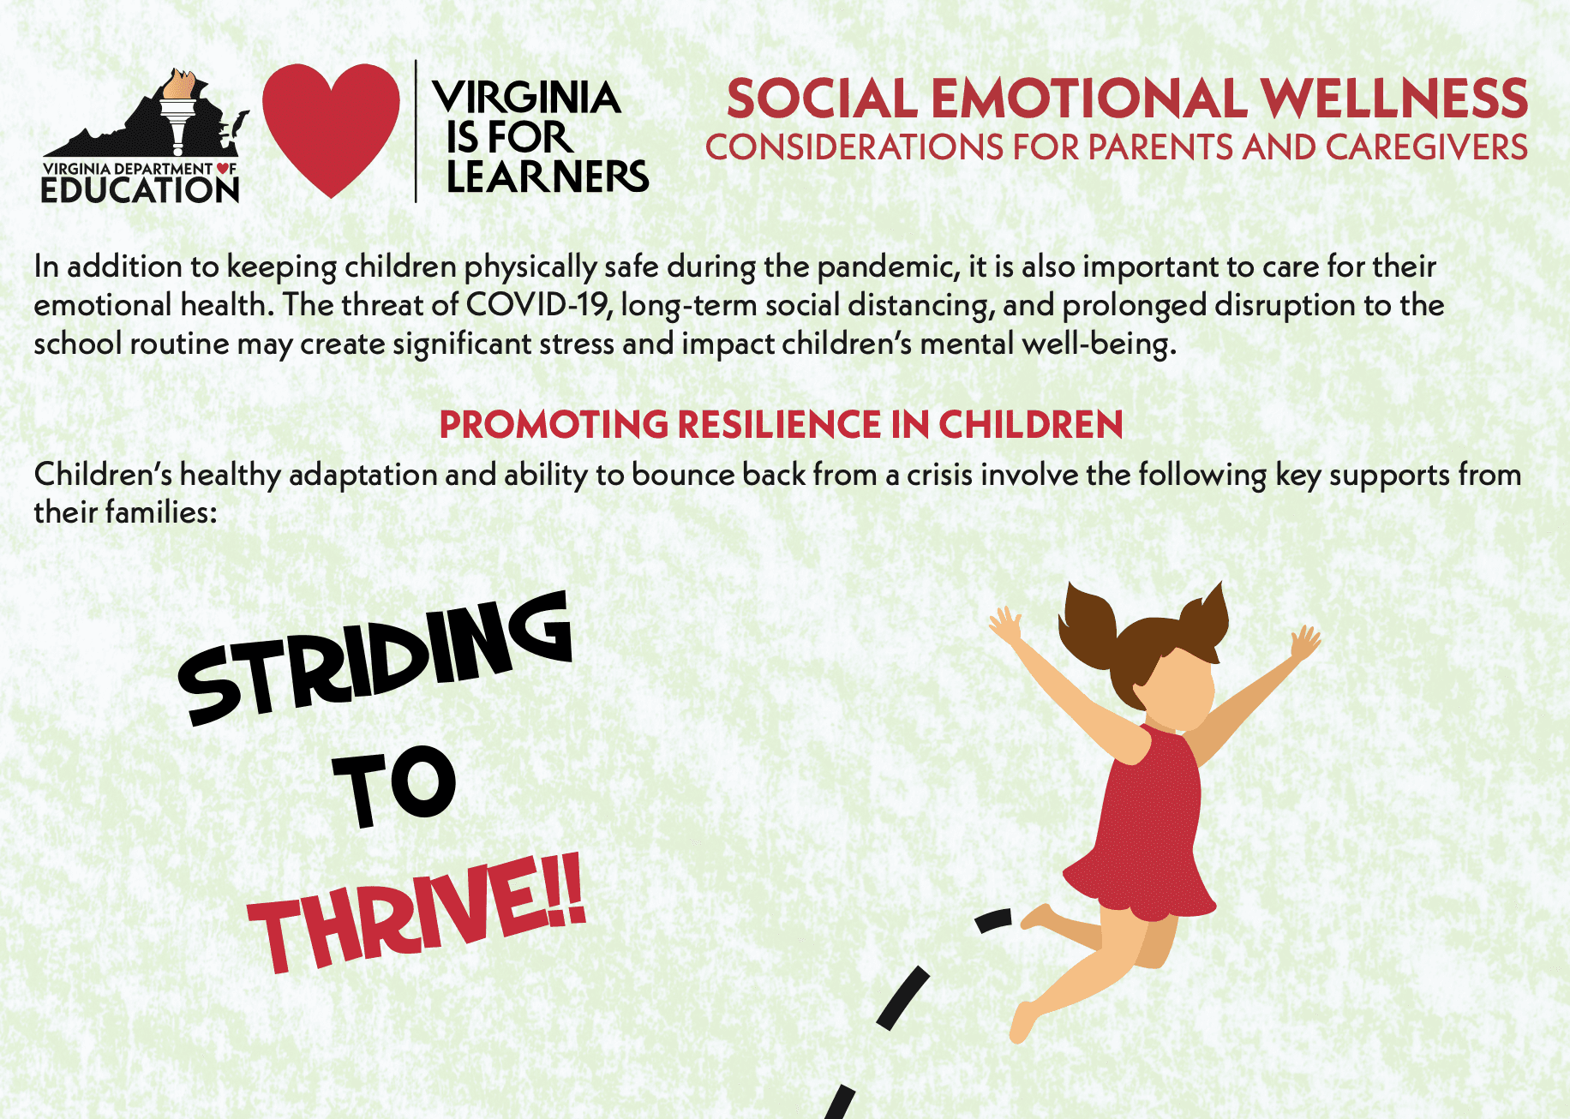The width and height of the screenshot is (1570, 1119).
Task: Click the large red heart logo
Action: tap(331, 129)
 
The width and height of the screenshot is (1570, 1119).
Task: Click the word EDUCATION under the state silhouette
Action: tap(141, 189)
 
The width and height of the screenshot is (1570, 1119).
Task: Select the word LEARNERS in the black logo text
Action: tap(548, 177)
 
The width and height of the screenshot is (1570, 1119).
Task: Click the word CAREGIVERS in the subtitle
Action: tap(1427, 147)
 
